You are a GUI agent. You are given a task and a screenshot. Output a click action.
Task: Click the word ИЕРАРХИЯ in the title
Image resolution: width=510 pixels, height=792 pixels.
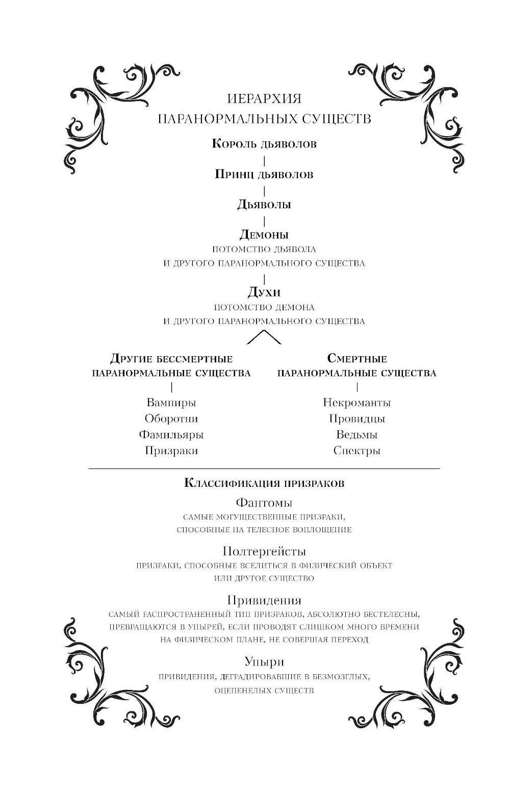click(264, 98)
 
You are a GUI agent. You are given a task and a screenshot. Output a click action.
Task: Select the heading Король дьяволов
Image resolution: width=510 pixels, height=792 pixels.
click(264, 144)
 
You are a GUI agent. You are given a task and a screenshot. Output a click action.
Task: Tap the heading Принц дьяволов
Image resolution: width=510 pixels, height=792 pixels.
click(264, 175)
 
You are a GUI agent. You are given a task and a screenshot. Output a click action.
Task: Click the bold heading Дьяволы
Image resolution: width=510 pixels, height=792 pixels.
click(264, 205)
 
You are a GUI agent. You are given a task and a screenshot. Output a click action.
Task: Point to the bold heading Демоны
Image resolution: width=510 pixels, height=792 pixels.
click(264, 234)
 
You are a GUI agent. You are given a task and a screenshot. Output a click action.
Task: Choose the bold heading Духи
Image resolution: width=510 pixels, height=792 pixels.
click(264, 292)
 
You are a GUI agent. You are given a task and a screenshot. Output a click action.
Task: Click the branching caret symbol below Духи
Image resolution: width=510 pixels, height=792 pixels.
click(264, 337)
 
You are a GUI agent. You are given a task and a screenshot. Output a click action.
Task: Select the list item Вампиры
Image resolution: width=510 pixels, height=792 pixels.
click(171, 403)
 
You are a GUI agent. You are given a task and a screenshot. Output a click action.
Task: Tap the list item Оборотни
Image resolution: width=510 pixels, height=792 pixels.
click(171, 418)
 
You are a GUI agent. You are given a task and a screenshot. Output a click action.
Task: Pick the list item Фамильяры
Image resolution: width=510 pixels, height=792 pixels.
click(171, 435)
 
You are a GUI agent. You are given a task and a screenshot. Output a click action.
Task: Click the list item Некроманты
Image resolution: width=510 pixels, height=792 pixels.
click(357, 403)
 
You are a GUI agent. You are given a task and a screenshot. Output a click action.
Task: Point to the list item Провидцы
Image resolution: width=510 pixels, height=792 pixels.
click(357, 418)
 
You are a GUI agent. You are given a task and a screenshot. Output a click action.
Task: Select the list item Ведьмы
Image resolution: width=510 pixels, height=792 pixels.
click(357, 435)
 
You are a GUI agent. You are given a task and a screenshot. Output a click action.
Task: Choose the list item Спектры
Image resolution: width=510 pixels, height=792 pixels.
click(357, 451)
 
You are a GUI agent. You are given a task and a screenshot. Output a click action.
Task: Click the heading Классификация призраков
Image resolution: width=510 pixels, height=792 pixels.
click(264, 483)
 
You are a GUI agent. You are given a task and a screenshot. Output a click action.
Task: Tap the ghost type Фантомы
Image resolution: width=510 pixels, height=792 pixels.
click(264, 503)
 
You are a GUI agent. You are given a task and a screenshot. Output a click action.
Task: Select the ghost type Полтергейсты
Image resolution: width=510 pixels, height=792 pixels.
click(264, 551)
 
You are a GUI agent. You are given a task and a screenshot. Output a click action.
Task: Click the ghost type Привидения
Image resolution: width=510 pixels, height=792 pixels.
click(264, 600)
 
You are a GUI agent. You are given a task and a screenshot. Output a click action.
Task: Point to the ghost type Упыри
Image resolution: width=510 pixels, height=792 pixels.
click(264, 661)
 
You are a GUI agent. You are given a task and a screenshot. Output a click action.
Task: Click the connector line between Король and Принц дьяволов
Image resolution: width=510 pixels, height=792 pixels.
click(264, 161)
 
